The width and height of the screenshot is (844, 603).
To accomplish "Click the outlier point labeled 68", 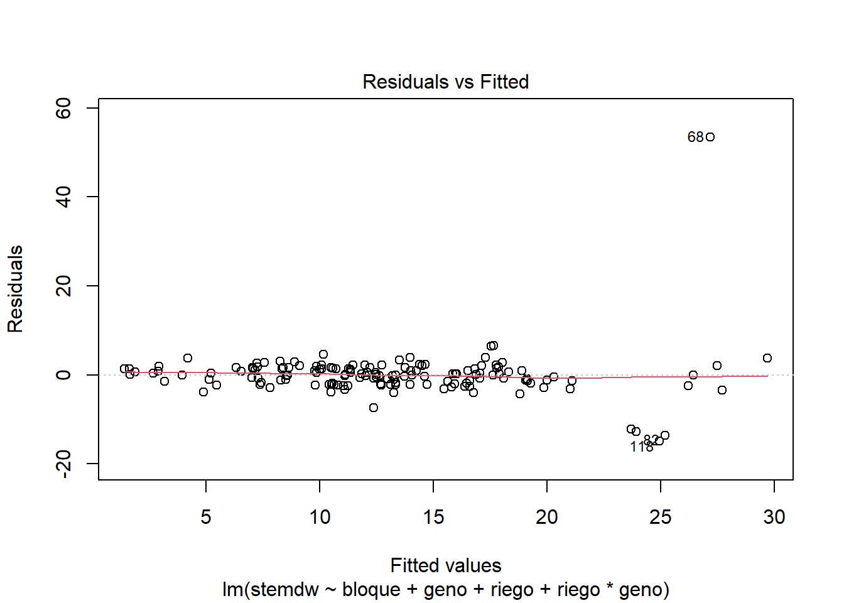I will [710, 137].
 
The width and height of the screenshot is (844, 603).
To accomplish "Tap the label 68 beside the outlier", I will [695, 137].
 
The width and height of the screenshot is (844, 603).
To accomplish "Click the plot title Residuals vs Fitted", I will [445, 82].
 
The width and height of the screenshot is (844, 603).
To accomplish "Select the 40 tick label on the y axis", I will [63, 197].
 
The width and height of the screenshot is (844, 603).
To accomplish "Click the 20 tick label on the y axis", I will [63, 286].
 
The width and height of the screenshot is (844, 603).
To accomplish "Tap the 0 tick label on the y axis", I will [63, 375].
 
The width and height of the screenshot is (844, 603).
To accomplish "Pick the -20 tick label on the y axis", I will [63, 464].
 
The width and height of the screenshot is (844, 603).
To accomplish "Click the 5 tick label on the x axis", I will [206, 517].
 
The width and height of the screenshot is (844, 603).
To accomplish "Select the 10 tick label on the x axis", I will [320, 517].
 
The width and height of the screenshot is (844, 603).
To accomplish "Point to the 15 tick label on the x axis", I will [433, 517].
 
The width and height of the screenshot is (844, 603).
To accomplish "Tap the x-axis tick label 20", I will [547, 517].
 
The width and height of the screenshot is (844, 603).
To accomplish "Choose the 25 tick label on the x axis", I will [661, 517].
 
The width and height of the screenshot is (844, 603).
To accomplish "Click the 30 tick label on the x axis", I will [774, 517].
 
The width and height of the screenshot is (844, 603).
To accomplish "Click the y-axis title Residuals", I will [15, 289].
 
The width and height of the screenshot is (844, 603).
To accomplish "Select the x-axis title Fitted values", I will [446, 565].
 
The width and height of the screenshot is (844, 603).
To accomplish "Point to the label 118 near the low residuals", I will [641, 447].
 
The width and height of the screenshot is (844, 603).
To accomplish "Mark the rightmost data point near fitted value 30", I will [767, 358].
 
